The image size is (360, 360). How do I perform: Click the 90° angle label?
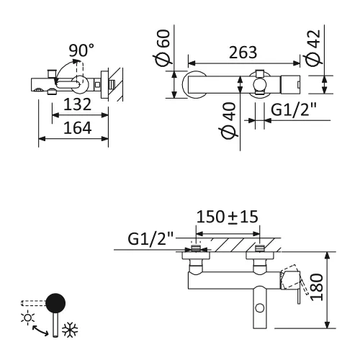click(x=81, y=50)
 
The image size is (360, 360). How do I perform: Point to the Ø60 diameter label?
click(x=163, y=48)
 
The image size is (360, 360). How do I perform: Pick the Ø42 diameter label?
click(x=311, y=48)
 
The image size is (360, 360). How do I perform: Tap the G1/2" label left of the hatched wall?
click(x=152, y=236)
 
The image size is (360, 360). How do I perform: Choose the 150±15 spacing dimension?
click(x=228, y=217)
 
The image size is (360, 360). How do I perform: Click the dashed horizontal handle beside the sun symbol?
click(x=32, y=302)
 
